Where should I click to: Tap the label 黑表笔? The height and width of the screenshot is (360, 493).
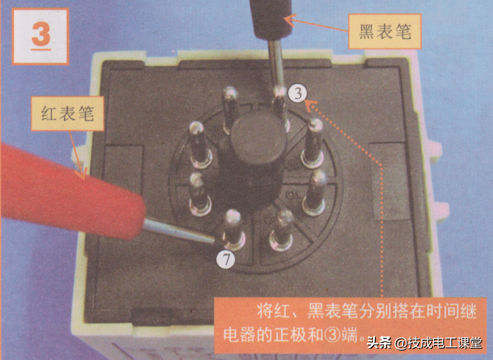pos(385,31)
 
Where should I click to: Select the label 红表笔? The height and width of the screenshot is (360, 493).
pos(68,113)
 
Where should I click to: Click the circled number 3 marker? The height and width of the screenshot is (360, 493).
pos(297,93)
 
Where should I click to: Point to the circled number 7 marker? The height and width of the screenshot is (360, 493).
pos(226,260)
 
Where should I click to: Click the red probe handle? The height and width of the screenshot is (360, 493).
pos(69,191)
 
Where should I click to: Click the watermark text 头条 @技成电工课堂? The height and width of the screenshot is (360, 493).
pos(424,343)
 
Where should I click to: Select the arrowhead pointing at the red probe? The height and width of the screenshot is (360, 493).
pos(83,172)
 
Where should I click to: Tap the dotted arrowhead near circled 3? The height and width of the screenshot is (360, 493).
pos(311,105)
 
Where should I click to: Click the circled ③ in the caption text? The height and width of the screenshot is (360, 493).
pos(332,335)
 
